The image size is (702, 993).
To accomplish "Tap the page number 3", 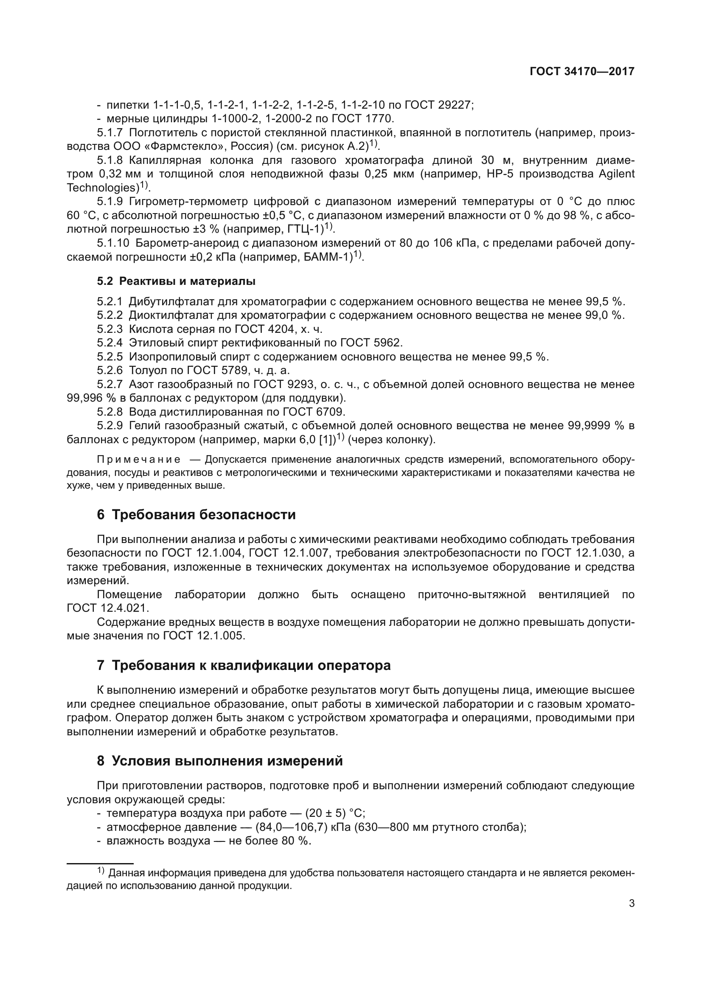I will tap(632, 903).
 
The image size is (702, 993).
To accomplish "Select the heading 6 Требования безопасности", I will tap(196, 515).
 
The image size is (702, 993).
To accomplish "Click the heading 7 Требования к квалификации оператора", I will tap(244, 665).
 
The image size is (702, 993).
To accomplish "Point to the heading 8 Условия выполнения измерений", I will tap(219, 761).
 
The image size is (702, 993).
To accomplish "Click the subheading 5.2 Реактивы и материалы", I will tap(176, 281).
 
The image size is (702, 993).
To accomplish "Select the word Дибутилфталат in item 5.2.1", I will tap(171, 301).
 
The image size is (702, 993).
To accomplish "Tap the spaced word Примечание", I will tap(139, 459).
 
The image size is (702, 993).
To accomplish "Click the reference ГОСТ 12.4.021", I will tap(108, 608).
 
